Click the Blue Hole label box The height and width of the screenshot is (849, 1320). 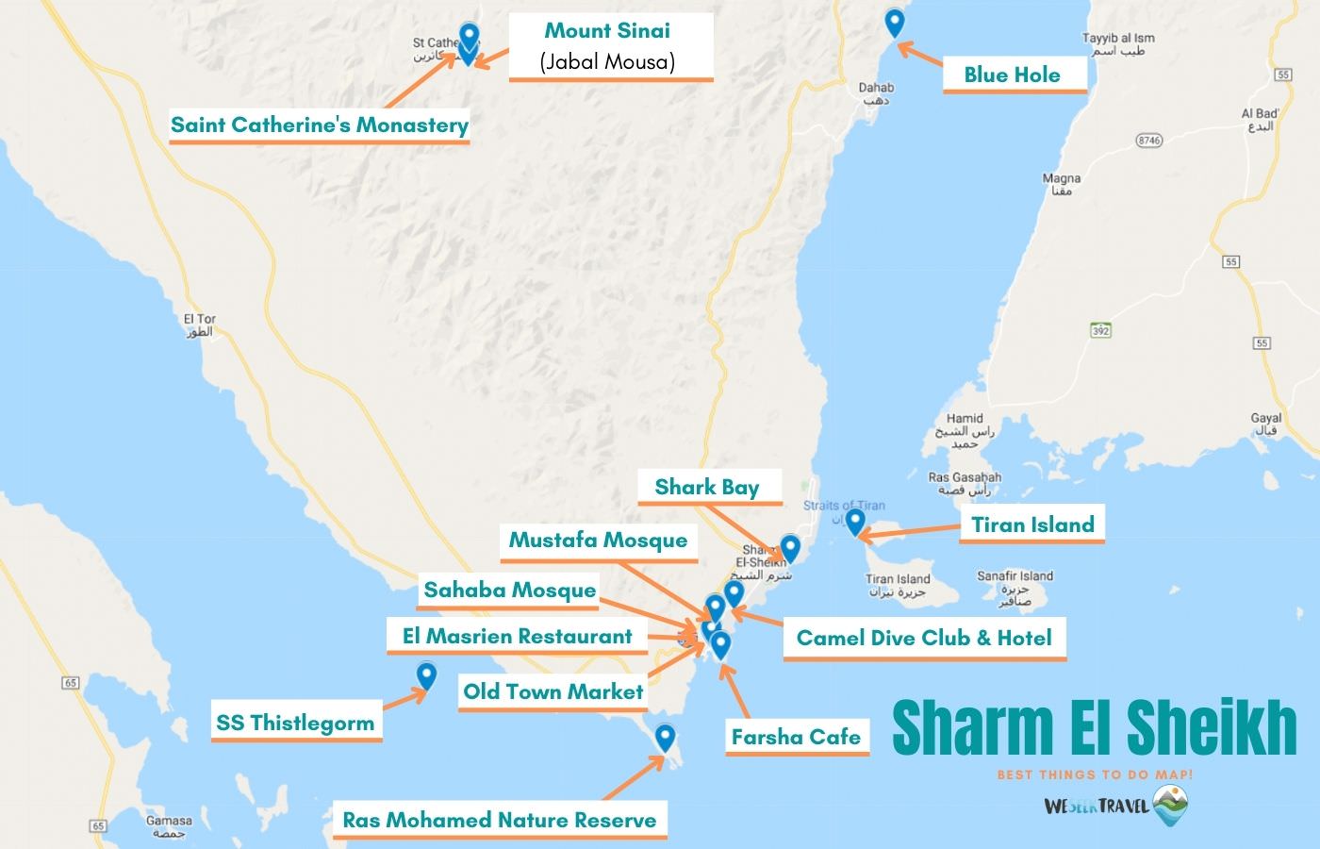tap(1012, 75)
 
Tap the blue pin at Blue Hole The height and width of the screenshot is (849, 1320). tap(895, 22)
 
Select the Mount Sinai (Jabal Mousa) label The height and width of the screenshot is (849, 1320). tap(607, 45)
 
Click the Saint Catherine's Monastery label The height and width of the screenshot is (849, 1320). tap(319, 125)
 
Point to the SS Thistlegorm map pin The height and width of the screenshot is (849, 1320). tap(426, 675)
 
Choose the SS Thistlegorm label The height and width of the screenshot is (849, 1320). tap(295, 724)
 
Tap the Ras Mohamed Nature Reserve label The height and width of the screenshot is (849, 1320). tap(499, 819)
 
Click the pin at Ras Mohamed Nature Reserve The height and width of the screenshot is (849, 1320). tap(665, 736)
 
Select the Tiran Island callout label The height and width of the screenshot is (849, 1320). tap(1032, 524)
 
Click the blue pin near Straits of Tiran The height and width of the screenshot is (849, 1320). tap(854, 521)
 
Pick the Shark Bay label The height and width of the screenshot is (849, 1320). tap(707, 487)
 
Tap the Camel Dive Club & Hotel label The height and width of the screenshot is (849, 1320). tap(924, 638)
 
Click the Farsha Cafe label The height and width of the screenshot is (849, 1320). tap(796, 736)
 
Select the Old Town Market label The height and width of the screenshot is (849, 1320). tap(553, 691)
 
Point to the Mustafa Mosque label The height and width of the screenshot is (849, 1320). tap(598, 541)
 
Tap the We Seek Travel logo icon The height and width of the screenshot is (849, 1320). tap(1169, 805)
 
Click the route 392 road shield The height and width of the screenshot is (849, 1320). tap(1099, 330)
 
